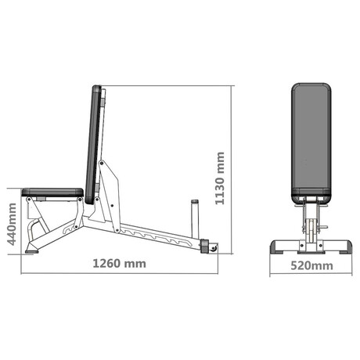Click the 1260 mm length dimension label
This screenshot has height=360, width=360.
point(120,264)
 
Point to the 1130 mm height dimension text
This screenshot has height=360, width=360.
point(220,178)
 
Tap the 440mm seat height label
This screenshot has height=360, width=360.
point(12,225)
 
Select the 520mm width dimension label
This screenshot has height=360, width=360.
point(311,266)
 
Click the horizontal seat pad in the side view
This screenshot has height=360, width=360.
point(52,193)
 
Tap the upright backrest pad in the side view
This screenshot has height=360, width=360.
point(93,145)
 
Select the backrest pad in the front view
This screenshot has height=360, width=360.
point(311,143)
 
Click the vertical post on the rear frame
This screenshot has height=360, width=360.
point(195,218)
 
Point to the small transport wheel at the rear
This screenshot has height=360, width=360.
point(214,248)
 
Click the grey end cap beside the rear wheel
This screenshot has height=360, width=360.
point(203,246)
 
